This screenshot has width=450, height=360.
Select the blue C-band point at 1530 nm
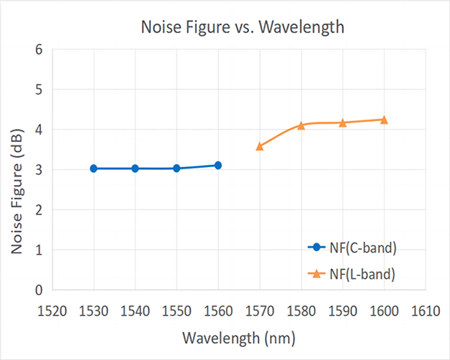point(94,168)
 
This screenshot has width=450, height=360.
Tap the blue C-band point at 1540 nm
point(135,168)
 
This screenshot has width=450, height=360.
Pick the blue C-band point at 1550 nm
point(176,168)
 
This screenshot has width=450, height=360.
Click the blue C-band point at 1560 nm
point(217,165)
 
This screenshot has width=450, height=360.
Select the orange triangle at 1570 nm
point(259,146)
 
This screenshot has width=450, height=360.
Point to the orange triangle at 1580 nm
point(301,125)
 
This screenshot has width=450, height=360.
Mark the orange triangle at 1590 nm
point(342,123)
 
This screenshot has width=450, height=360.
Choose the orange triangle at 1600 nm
point(384,120)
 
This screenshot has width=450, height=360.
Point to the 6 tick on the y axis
point(38,50)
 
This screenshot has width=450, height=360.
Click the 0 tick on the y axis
point(38,290)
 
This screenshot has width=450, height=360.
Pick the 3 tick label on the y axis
point(38,170)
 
